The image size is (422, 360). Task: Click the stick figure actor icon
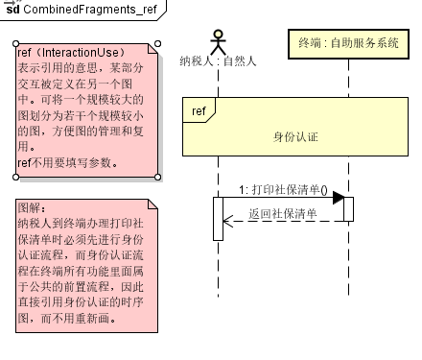point(218,40)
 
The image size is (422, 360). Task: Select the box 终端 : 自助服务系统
point(348,43)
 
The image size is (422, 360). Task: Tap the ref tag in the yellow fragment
point(199,111)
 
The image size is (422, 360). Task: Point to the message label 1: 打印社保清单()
point(283,189)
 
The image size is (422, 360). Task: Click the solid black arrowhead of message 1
point(338,198)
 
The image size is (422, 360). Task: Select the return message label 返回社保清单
point(282,213)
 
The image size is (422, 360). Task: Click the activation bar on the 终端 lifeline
point(348,208)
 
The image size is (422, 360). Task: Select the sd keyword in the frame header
point(12,10)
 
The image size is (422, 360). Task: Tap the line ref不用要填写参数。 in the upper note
point(68,162)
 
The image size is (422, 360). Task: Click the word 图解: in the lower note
point(33,207)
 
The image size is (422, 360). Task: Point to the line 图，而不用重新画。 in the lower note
point(68,318)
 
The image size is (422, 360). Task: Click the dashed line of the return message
point(288,222)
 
